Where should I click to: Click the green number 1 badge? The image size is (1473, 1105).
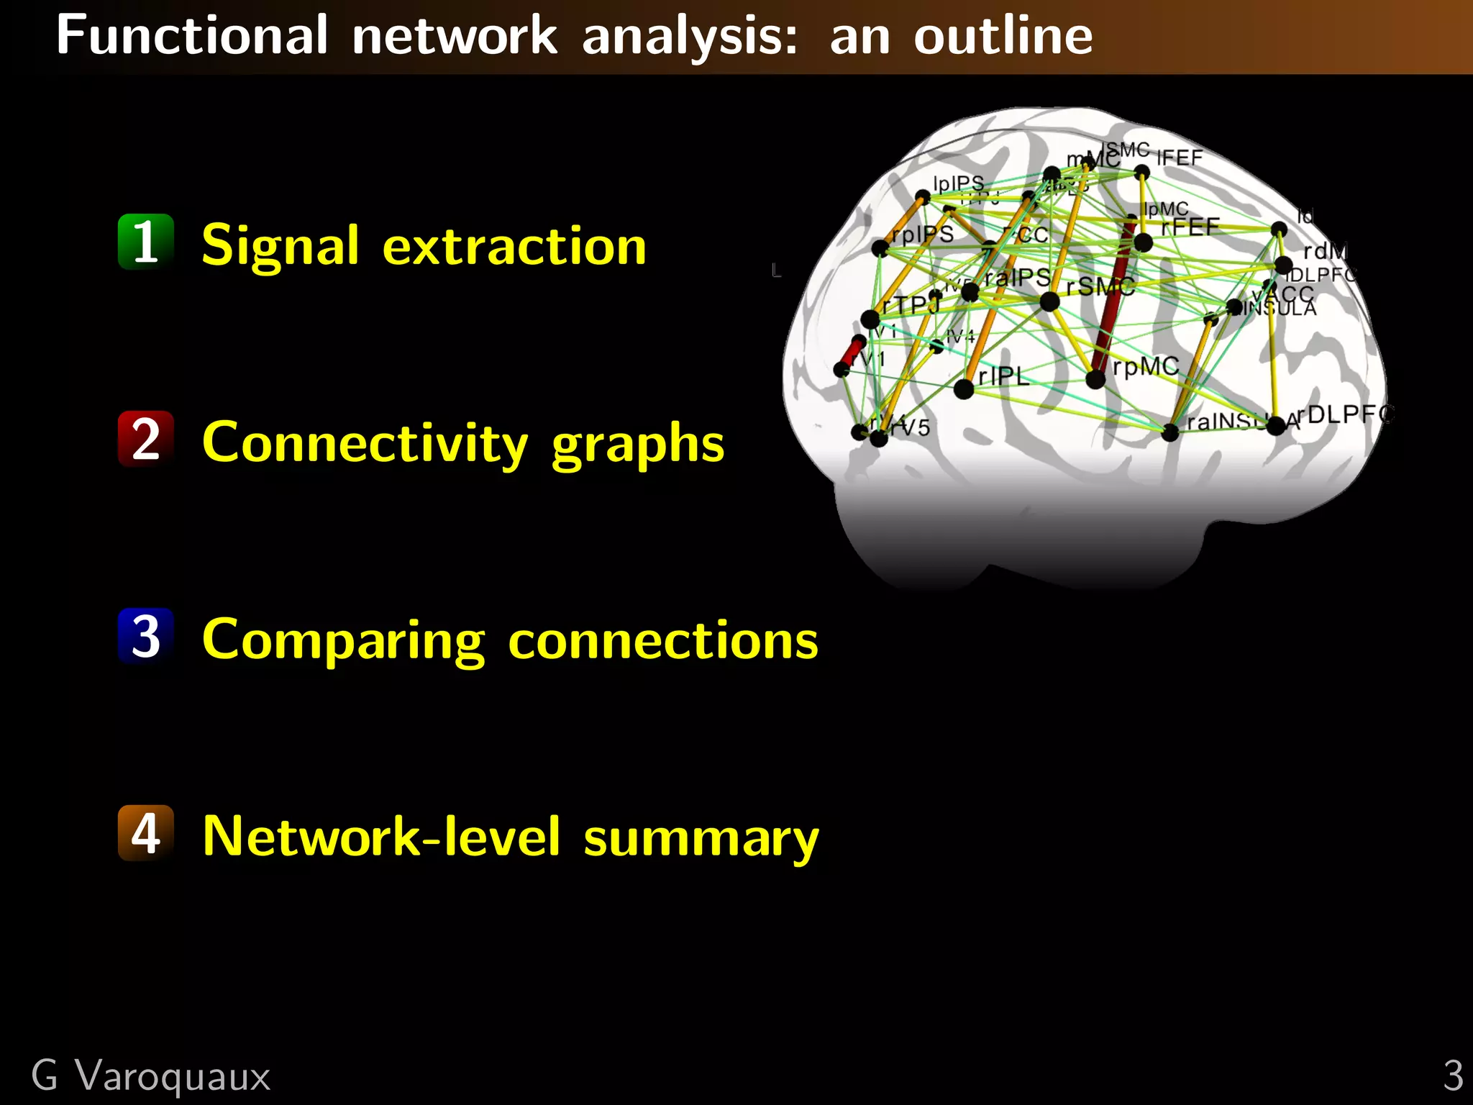[146, 242]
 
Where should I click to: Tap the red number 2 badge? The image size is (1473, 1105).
[146, 439]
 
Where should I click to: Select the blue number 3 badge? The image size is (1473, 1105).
[146, 636]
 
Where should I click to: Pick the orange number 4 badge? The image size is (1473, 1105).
[146, 833]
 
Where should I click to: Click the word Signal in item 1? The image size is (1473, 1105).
[280, 245]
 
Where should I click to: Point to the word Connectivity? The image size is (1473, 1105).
[365, 443]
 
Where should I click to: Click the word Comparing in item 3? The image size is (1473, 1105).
[343, 640]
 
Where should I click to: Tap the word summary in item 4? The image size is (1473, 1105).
[701, 838]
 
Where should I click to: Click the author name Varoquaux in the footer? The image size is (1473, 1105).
[173, 1076]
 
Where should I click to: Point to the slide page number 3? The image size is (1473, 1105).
[1453, 1076]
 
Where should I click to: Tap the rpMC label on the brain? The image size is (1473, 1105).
[1145, 367]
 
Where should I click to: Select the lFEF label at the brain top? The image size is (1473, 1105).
[1180, 158]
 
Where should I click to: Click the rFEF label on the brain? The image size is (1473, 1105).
[1190, 227]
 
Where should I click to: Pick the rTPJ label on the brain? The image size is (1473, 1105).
[911, 305]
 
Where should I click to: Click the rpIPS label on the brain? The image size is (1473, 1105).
[922, 235]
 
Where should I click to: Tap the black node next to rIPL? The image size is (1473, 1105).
[964, 389]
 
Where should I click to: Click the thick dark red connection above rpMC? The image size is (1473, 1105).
[1111, 302]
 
